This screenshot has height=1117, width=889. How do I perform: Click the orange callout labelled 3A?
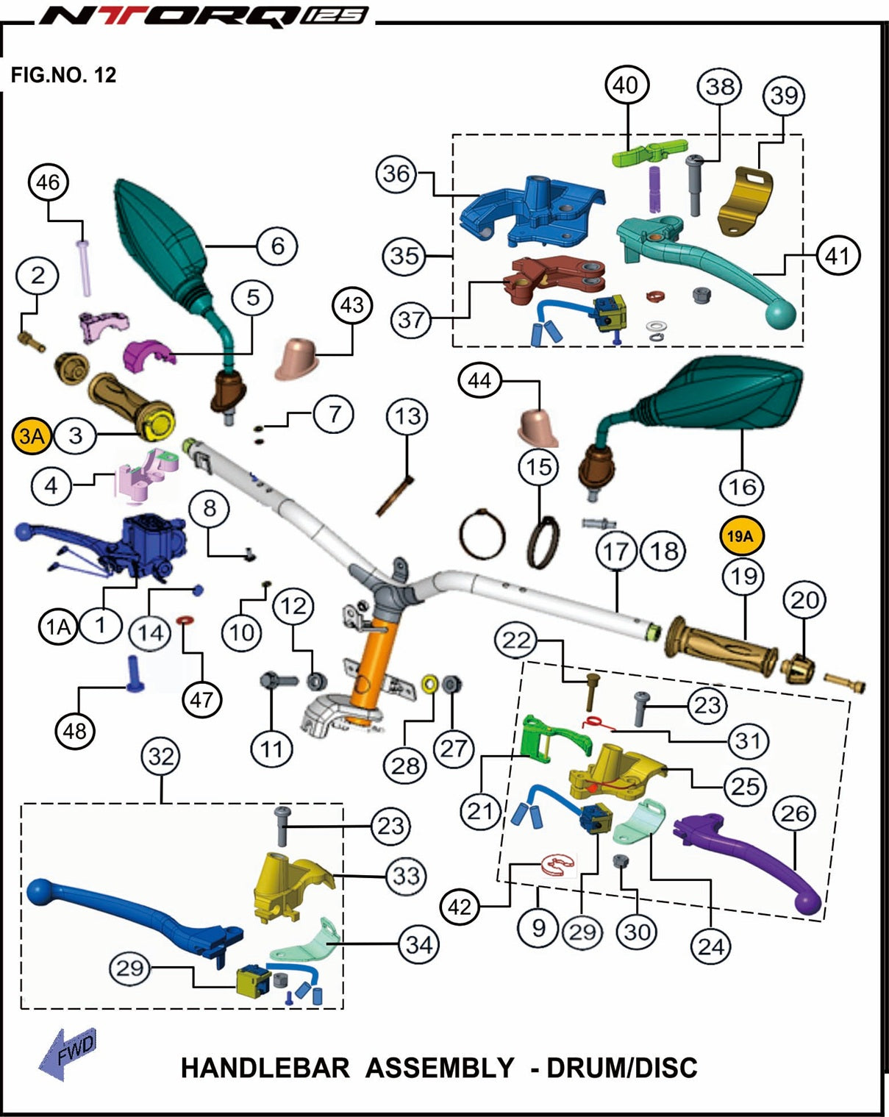tap(32, 435)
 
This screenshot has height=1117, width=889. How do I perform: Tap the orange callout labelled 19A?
tap(742, 536)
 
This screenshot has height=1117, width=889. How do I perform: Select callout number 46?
tap(48, 182)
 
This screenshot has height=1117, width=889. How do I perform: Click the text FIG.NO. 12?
tap(63, 75)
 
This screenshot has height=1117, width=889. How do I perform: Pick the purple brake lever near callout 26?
tap(747, 862)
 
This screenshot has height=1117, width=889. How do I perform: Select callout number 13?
tap(407, 416)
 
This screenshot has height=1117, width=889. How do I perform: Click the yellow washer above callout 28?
tap(429, 684)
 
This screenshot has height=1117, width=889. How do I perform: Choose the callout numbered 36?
tap(396, 174)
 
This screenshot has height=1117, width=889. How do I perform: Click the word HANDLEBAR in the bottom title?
tap(265, 1068)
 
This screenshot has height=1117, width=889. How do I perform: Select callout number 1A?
tap(58, 627)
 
